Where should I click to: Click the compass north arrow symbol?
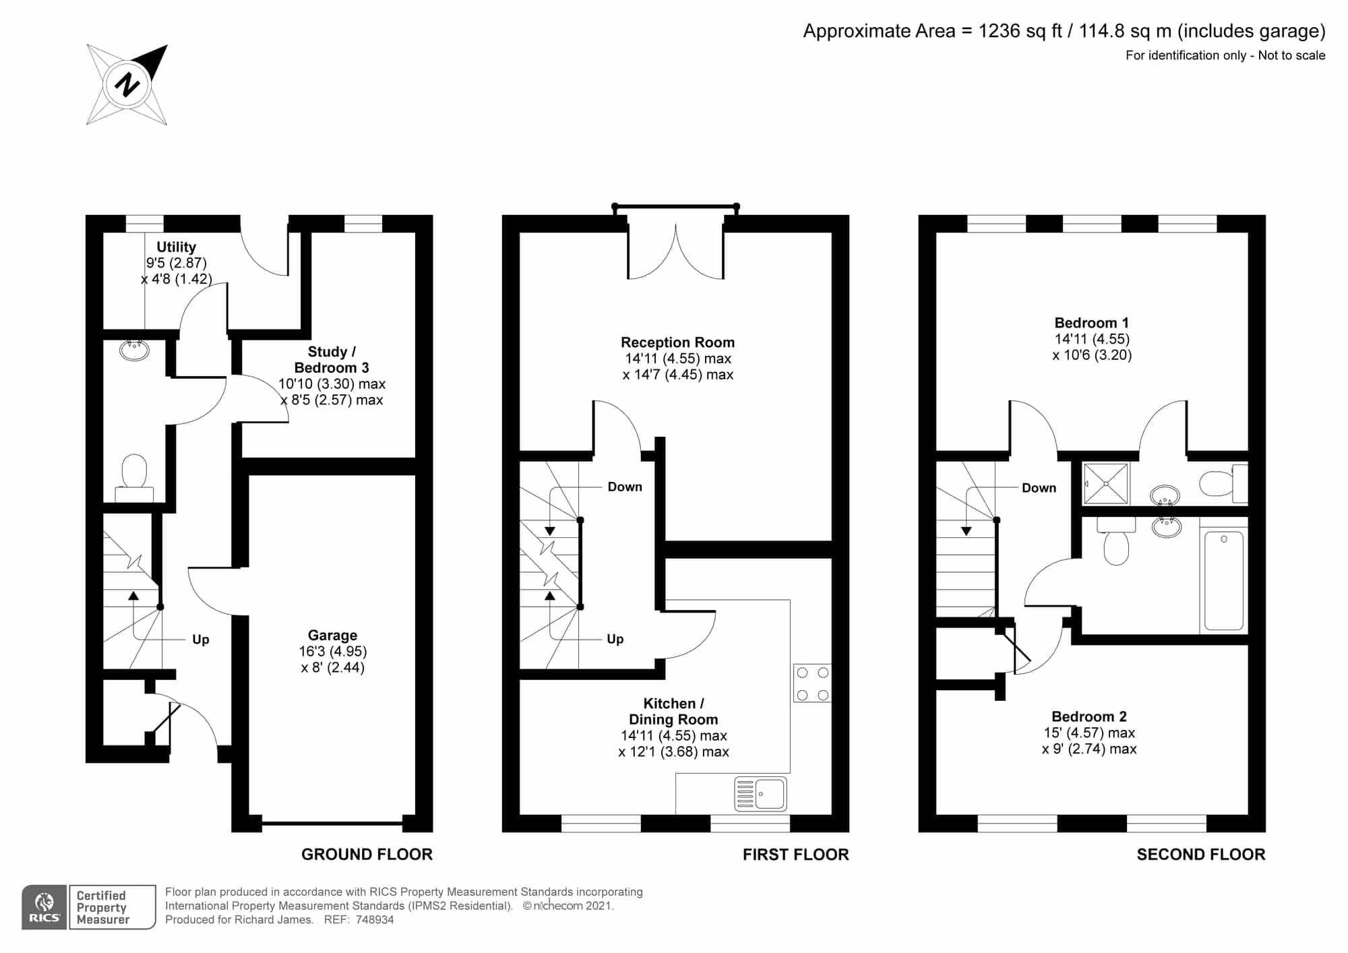[x=127, y=85]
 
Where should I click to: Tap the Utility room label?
[x=176, y=247]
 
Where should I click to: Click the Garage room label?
[x=332, y=635]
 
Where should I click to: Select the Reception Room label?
[x=677, y=342]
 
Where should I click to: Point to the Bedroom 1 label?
[x=1091, y=323]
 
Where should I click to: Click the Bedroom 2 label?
[x=1089, y=716]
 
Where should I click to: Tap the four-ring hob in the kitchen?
[x=812, y=683]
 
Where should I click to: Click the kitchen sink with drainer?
[x=760, y=793]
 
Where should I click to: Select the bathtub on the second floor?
[x=1223, y=580]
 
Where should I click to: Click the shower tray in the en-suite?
[x=1105, y=483]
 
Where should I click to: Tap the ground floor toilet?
[x=134, y=478]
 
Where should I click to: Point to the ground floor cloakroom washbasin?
[x=134, y=350]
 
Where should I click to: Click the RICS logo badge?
[x=44, y=907]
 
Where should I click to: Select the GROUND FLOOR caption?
[x=367, y=855]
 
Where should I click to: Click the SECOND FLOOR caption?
[x=1201, y=855]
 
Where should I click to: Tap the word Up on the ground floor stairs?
[x=201, y=640]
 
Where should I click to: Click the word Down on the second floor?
[x=1039, y=488]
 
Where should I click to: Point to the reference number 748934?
[x=375, y=920]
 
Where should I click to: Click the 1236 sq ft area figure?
[x=1020, y=31]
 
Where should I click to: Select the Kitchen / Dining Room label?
[x=673, y=712]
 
